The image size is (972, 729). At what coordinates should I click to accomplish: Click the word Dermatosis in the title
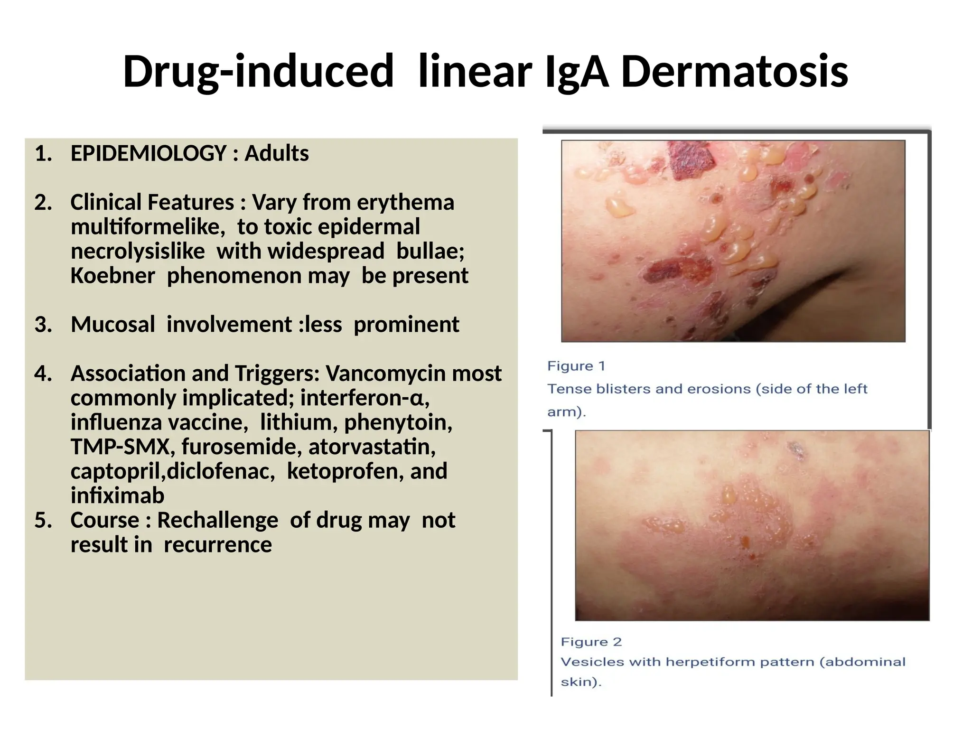point(734,72)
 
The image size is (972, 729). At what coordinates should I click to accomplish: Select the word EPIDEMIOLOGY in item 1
point(149,153)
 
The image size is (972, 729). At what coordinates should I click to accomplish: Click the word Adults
point(276,153)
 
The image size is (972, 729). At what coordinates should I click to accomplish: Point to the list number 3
point(43,325)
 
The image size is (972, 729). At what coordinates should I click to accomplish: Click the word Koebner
point(112,276)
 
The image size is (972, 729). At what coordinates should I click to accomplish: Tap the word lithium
point(299,422)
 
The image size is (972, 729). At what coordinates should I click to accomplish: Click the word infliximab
point(117,495)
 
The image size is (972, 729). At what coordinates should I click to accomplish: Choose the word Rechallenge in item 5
point(217,520)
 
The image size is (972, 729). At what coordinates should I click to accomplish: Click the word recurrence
point(218,545)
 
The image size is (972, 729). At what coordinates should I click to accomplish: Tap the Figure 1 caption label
point(576,366)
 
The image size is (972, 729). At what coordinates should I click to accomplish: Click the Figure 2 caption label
point(591,642)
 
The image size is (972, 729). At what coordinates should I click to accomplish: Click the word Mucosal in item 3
point(112,325)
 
